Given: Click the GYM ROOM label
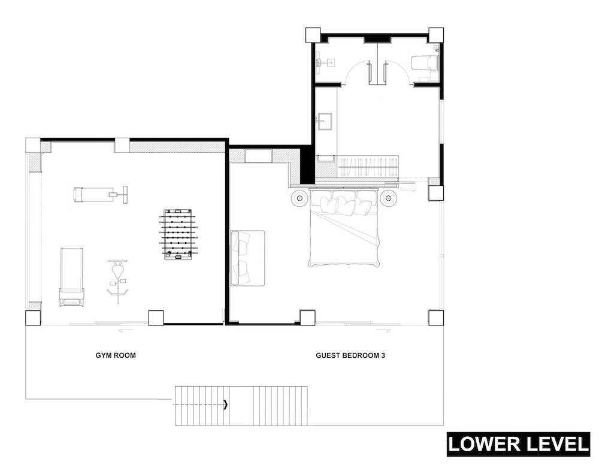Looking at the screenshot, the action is (116, 355).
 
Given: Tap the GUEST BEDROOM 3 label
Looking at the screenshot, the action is (350, 355).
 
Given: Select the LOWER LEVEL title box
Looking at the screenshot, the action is (518, 445).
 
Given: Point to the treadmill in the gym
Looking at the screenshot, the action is (71, 277).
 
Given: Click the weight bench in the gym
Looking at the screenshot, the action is (101, 195).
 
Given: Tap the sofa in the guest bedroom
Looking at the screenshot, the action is (247, 258).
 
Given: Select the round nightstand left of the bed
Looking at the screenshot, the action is (299, 198).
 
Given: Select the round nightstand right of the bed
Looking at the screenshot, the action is (388, 198).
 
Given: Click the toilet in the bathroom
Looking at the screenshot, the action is (425, 63).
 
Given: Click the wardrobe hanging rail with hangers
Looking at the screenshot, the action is (368, 167).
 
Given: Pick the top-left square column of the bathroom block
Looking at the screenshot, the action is (313, 35).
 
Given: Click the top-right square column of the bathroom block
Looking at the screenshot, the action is (436, 35).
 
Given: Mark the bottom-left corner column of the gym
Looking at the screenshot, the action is (33, 318).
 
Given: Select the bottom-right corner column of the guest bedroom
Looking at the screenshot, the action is (436, 318).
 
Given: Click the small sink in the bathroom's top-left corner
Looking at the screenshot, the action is (325, 62).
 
